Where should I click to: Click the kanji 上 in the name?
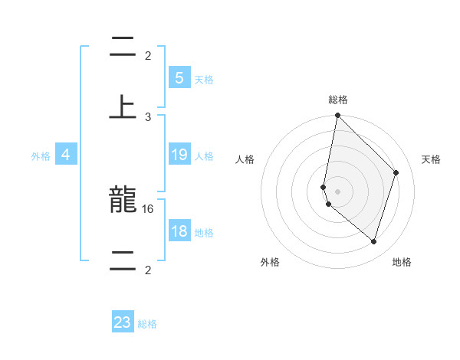click(x=123, y=105)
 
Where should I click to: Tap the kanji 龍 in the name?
click(x=123, y=202)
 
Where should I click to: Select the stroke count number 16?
click(x=149, y=208)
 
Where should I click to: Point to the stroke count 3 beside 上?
click(x=148, y=116)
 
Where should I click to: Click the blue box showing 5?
click(x=179, y=77)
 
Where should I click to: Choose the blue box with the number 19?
click(x=179, y=155)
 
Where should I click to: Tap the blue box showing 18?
click(x=179, y=231)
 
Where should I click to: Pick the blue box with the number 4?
click(x=66, y=155)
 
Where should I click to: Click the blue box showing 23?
click(x=123, y=322)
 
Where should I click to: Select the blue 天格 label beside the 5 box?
click(x=204, y=79)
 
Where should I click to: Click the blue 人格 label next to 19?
click(x=204, y=156)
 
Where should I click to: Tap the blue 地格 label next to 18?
click(x=204, y=233)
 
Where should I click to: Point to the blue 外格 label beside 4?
click(x=41, y=156)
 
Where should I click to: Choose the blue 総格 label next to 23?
click(x=148, y=324)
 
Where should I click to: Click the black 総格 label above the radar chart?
click(x=338, y=100)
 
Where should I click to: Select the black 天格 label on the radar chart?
click(x=432, y=159)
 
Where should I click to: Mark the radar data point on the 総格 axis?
click(x=337, y=115)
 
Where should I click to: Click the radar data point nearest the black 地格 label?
click(x=373, y=241)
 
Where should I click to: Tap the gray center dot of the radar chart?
click(x=337, y=191)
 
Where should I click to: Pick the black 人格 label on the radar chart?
click(x=245, y=159)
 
